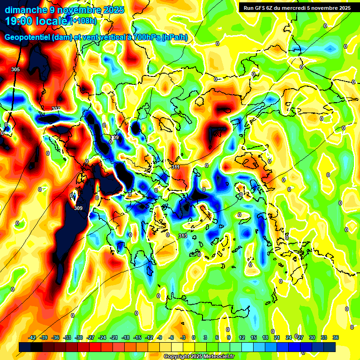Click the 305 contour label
click(x=15, y=69)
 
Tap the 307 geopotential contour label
click(x=56, y=109)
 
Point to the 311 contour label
click(x=175, y=167)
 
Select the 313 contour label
click(x=183, y=236)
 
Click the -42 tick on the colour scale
click(x=32, y=337)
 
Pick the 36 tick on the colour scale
click(x=336, y=337)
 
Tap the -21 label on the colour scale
click(x=114, y=337)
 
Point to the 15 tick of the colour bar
click(x=254, y=337)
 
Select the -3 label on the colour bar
click(x=183, y=337)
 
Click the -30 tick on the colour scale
click(x=79, y=337)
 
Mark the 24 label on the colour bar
click(x=289, y=337)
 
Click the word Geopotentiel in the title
click(x=28, y=37)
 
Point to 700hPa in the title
click(x=145, y=37)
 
